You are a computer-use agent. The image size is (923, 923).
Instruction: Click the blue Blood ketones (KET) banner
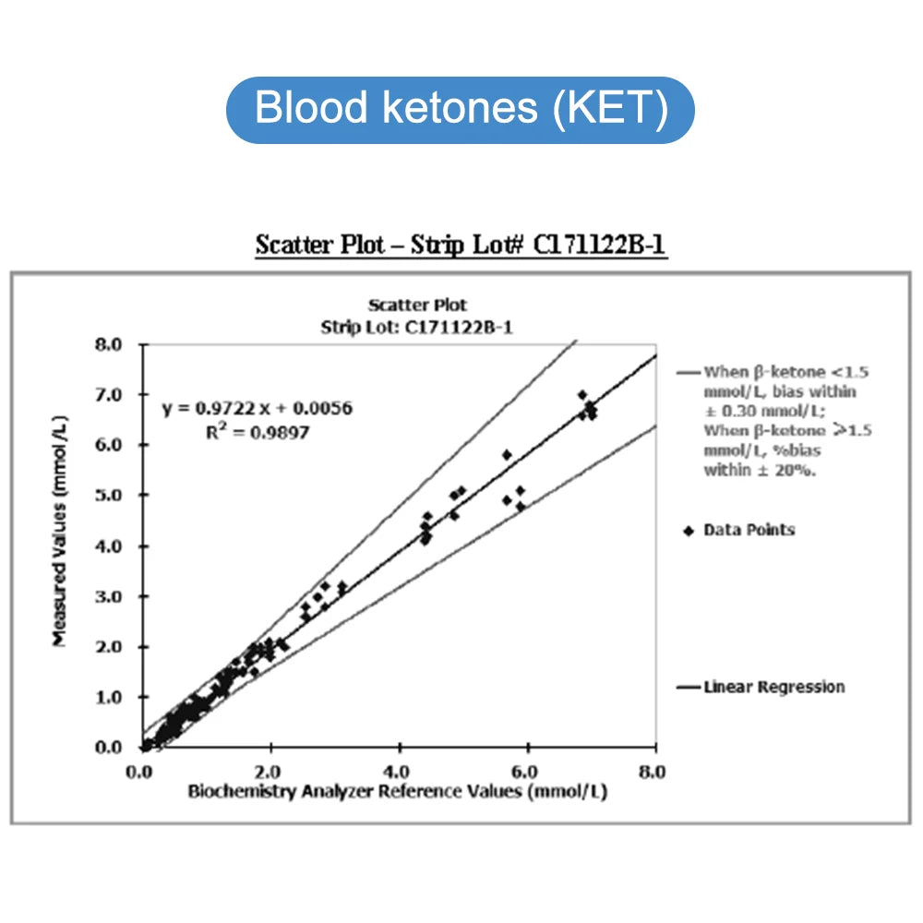point(460,109)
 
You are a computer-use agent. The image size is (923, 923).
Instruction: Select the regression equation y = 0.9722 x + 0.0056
point(258,408)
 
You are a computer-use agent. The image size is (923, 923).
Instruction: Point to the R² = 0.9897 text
point(258,431)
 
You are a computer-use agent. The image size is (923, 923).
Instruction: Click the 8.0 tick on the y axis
point(107,344)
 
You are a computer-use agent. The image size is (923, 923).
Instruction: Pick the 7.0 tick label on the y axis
point(107,395)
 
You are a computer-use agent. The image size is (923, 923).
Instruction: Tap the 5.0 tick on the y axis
point(107,496)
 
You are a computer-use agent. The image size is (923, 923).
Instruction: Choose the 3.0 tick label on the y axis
point(107,596)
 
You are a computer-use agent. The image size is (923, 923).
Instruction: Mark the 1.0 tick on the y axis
point(107,697)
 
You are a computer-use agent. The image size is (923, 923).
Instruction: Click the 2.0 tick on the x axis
point(270,772)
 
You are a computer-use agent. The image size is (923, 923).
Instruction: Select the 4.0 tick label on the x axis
point(398,772)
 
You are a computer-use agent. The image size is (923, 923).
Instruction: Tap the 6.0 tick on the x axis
point(526,772)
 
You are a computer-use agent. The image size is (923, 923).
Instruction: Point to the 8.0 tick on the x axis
point(654,772)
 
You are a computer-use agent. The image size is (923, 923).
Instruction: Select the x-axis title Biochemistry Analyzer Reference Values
point(398,791)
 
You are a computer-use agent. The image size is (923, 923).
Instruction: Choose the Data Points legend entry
point(749,530)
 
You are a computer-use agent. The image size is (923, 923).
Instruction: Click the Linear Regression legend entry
point(773,687)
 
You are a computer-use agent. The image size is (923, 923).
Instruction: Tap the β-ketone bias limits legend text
point(773,421)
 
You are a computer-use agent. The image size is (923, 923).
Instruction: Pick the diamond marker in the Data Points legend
point(687,530)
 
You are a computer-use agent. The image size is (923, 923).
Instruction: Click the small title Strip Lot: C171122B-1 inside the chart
point(417,327)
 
